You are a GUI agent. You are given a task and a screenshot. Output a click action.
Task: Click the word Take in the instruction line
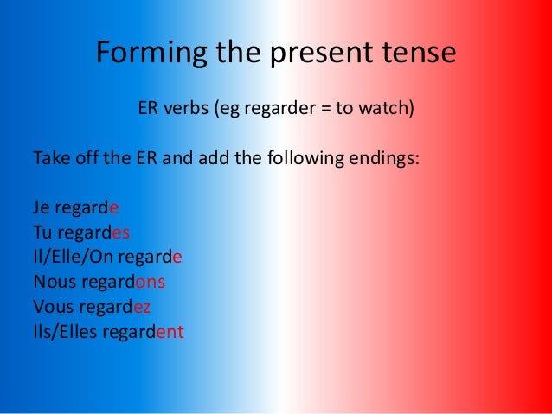coord(49,160)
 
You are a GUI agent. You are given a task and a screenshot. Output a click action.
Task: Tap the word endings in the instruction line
coord(384,161)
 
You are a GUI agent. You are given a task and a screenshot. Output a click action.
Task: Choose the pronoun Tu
coord(42,233)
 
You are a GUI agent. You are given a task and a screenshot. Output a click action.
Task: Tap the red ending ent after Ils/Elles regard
coord(170,330)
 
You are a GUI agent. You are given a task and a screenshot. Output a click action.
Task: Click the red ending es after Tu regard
coord(120,233)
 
